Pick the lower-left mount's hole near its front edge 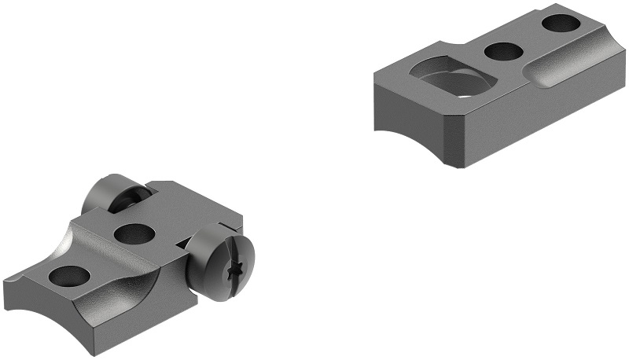(x=69, y=276)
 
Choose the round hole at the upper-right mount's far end (x=561, y=23)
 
